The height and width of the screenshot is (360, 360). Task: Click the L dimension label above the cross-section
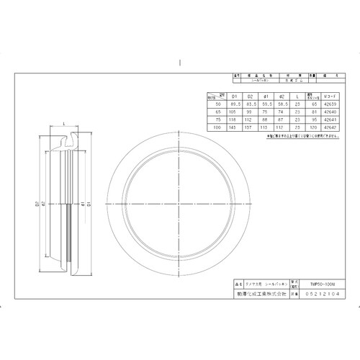[x=66, y=125]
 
